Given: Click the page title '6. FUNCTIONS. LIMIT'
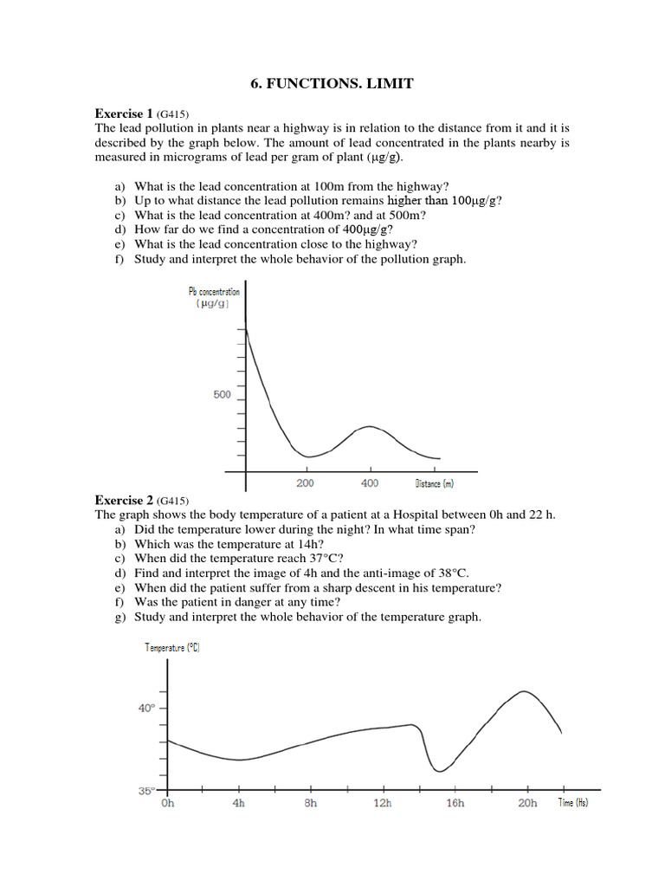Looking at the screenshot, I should click(x=332, y=83).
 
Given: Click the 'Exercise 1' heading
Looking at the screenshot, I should click(x=124, y=113).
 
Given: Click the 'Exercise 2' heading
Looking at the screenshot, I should click(x=124, y=501).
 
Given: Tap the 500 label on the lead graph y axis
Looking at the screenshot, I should click(x=222, y=395).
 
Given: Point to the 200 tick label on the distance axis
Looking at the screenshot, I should click(x=306, y=483).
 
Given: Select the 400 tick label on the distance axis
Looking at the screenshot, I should click(x=370, y=483).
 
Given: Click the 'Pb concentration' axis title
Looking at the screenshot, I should click(x=214, y=292).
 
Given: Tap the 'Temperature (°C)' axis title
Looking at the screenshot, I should click(x=172, y=648).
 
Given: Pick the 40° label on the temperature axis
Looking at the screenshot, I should click(x=146, y=708).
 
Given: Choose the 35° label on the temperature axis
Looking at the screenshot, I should click(x=146, y=790).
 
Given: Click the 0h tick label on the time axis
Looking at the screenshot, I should click(x=168, y=803).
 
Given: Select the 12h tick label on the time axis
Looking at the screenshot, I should click(x=382, y=803).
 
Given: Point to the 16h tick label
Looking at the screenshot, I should click(x=455, y=803).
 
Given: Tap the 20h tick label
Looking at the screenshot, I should click(x=526, y=803).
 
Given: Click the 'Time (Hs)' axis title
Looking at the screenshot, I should click(x=572, y=803).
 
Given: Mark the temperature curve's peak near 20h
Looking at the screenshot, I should click(x=524, y=691).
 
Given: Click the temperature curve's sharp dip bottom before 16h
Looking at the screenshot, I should click(x=440, y=770).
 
